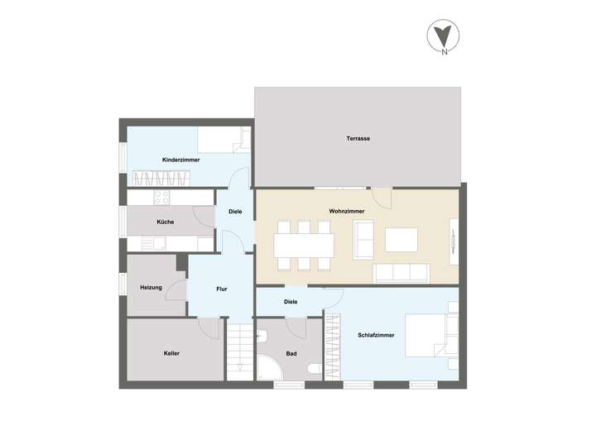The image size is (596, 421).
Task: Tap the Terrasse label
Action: point(358,138)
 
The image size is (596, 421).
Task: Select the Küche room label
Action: point(165,222)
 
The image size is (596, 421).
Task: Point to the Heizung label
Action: point(151,287)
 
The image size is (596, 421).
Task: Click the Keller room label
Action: point(171,353)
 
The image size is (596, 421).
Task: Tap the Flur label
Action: point(222,289)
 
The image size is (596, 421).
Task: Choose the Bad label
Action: point(291,353)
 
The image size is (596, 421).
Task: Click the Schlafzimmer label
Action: point(376,335)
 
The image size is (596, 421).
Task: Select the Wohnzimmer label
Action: point(347,212)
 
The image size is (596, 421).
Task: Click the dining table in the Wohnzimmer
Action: point(305,245)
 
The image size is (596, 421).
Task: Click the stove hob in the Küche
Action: point(161,198)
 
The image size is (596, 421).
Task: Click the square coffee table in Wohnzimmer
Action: point(402,239)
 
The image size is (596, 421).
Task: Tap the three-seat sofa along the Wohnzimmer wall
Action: point(401,273)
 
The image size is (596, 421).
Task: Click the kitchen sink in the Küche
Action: point(152,242)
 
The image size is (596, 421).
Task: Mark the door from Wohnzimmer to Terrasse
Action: point(382,197)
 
